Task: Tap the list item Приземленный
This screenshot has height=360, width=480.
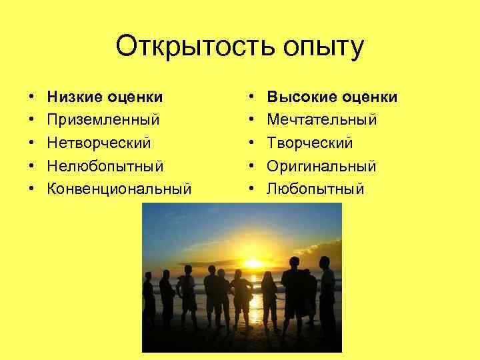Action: tap(103, 121)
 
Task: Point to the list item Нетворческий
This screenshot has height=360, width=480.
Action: tap(99, 143)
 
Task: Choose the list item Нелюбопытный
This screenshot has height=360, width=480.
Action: tap(105, 166)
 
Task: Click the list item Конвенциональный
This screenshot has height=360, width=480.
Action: tap(119, 189)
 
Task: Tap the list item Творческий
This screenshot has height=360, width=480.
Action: tap(310, 143)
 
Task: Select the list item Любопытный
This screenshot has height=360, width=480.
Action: tap(315, 189)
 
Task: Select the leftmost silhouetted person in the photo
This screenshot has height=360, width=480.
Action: tap(149, 300)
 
